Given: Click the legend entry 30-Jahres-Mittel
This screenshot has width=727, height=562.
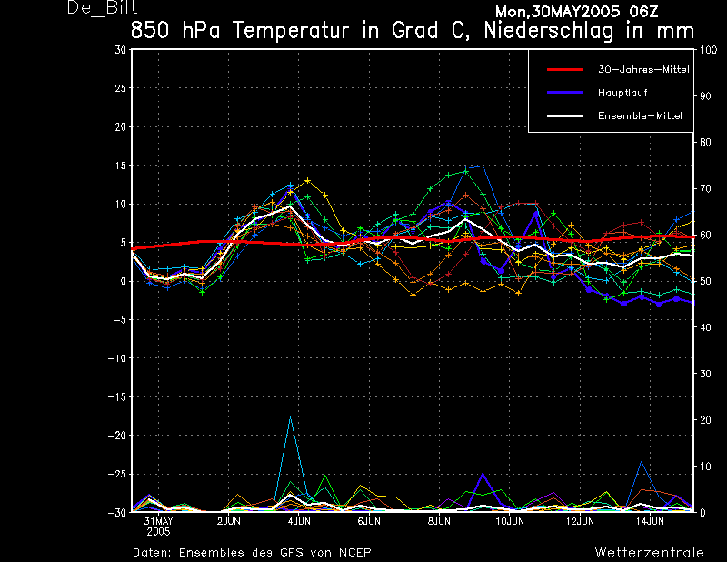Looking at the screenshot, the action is (x=643, y=70).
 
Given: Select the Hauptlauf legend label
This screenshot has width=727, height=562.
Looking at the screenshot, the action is (x=622, y=93).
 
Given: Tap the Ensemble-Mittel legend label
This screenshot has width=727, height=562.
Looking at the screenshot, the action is (x=640, y=116).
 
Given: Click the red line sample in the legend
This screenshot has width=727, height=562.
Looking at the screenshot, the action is (x=564, y=70).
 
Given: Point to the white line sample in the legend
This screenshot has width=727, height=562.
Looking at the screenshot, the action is (x=564, y=116).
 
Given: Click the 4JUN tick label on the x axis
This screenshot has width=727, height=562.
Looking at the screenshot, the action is (x=299, y=521).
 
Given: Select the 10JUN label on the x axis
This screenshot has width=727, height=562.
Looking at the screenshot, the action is (x=510, y=521).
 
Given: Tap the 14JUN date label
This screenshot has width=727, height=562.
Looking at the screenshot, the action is (x=650, y=521).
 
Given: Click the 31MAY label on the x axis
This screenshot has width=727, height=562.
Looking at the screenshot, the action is (x=158, y=521).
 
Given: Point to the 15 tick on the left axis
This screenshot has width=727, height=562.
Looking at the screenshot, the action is (x=120, y=166).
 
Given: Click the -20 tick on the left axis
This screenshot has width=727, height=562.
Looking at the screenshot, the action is (x=117, y=436).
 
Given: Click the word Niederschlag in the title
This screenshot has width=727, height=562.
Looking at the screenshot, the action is (x=549, y=31).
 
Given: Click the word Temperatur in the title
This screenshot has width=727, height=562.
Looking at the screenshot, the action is (x=291, y=31).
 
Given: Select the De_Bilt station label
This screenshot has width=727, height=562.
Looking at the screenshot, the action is (x=102, y=7).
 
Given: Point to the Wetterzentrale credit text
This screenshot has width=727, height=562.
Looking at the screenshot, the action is (x=649, y=552).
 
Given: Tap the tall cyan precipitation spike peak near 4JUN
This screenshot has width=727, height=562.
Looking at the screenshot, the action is (x=290, y=416).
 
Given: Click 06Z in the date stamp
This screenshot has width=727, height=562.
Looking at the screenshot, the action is (x=643, y=12).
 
